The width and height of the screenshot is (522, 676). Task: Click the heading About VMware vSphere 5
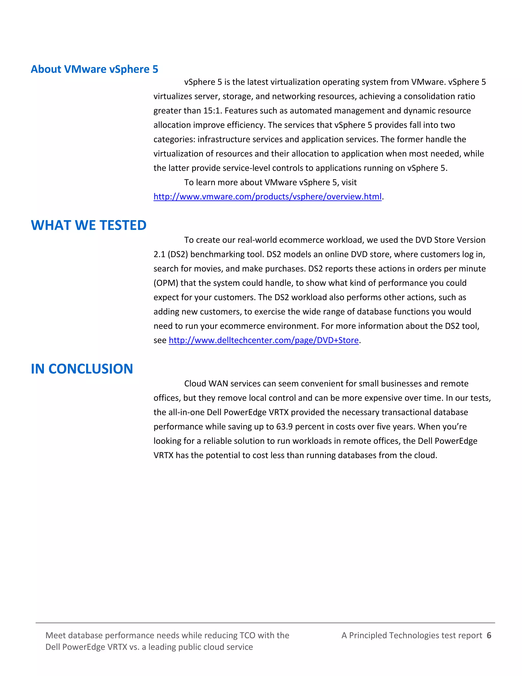tap(94, 69)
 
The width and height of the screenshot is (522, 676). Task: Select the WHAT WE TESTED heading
tap(88, 225)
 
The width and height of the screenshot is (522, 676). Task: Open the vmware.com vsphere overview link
tap(267, 196)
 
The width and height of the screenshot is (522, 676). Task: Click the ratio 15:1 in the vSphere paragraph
tap(212, 110)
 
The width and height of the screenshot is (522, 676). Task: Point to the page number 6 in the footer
tap(489, 635)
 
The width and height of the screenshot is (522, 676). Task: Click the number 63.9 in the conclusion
tap(284, 427)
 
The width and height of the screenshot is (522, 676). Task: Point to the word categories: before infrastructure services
tap(174, 139)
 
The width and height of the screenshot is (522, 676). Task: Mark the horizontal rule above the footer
tap(265, 623)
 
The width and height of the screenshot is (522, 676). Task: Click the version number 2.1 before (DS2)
tap(159, 254)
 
